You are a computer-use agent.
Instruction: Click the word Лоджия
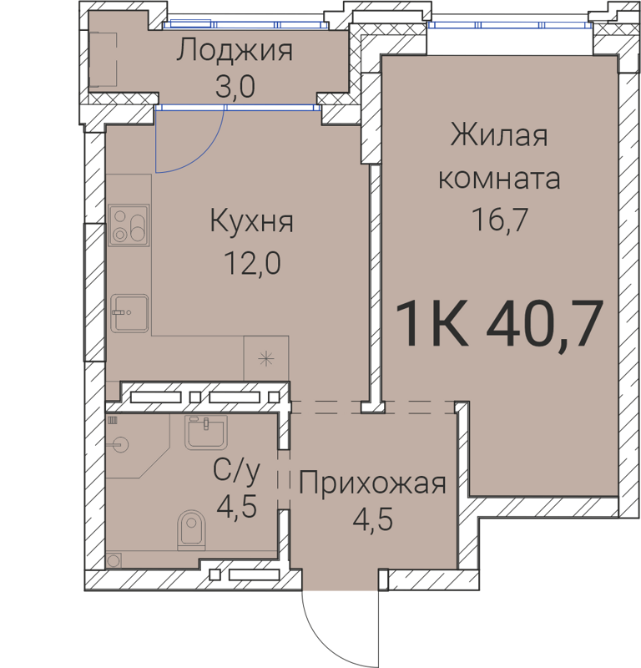(x=235, y=52)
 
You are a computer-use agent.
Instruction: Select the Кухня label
(x=251, y=222)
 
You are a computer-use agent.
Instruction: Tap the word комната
(x=499, y=178)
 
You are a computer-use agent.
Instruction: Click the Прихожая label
(x=373, y=483)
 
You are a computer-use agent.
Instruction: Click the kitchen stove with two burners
(x=129, y=225)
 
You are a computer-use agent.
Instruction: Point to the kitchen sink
(x=129, y=313)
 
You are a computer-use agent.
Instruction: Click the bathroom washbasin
(x=205, y=432)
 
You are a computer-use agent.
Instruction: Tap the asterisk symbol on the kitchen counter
(x=265, y=360)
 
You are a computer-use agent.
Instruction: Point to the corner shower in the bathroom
(x=129, y=446)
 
